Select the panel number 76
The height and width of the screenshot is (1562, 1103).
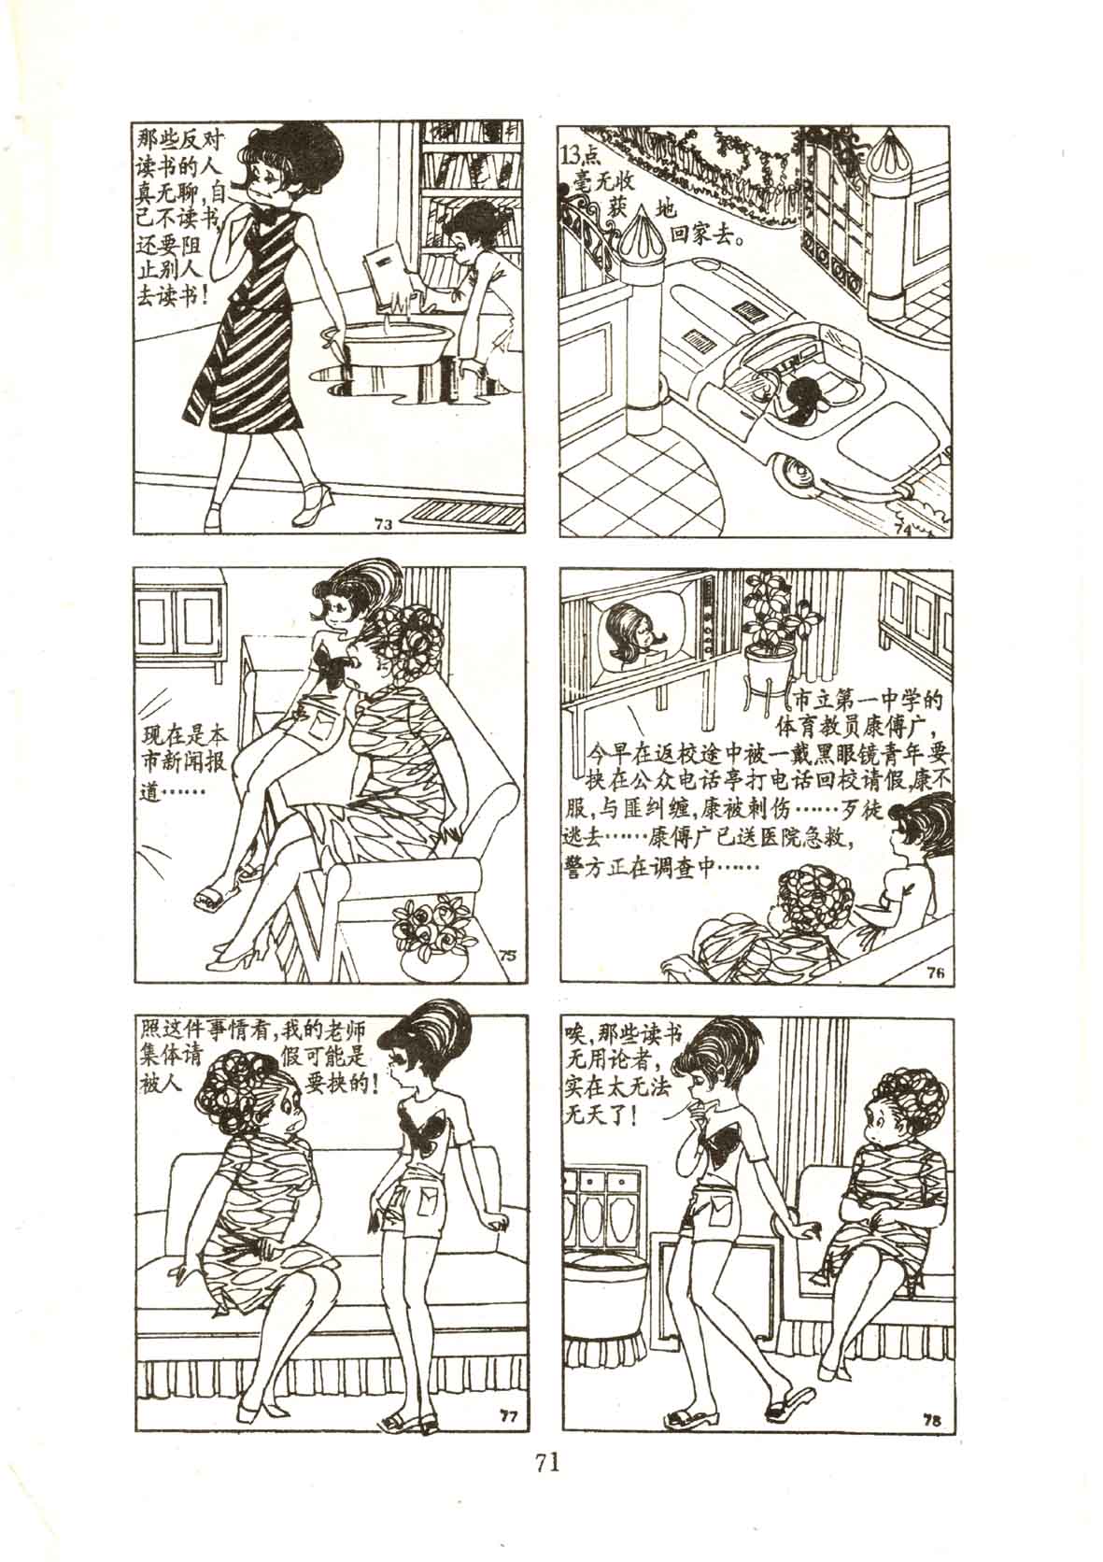(x=935, y=975)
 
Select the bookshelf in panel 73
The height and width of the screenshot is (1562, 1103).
(x=471, y=192)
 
